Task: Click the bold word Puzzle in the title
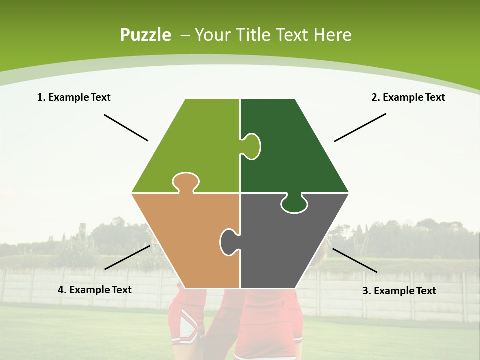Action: pyautogui.click(x=145, y=35)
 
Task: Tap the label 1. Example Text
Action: pyautogui.click(x=74, y=97)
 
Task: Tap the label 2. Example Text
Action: pyautogui.click(x=408, y=97)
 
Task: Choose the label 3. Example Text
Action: pyautogui.click(x=399, y=291)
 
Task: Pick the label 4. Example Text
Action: pyautogui.click(x=95, y=290)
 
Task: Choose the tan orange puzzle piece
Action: pyautogui.click(x=185, y=235)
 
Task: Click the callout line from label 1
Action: pyautogui.click(x=126, y=128)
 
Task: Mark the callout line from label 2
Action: pyautogui.click(x=360, y=127)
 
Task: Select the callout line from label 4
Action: pyautogui.click(x=127, y=257)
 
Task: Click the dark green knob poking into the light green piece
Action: pyautogui.click(x=251, y=146)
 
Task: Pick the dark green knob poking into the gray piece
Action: pyautogui.click(x=294, y=204)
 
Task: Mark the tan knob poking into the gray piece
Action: pyautogui.click(x=229, y=241)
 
